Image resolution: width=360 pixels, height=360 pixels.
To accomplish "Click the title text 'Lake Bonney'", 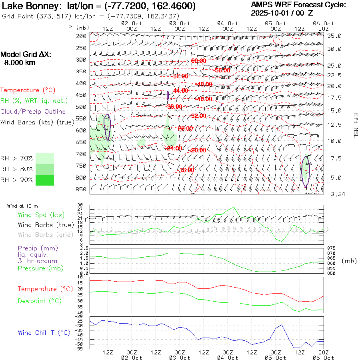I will (26, 6).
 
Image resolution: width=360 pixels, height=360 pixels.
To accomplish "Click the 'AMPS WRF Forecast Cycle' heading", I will (298, 5).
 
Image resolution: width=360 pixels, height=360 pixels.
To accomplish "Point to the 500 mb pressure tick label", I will (81, 107).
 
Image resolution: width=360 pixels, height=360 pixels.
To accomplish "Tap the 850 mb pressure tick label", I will (81, 189).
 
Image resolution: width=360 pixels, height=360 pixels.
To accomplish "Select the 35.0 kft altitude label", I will (334, 36).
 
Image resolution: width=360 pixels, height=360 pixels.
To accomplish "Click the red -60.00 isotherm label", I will (199, 61).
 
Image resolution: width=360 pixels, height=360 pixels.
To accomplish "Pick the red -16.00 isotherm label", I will (186, 170).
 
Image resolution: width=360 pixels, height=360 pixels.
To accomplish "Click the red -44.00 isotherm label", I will (180, 91).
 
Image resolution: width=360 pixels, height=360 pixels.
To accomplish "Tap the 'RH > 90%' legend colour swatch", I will (44, 180).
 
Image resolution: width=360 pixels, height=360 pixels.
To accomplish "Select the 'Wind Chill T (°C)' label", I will (44, 333).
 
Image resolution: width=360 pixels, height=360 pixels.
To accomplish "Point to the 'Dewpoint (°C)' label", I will (40, 301).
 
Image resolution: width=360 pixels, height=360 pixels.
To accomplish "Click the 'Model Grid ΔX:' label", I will (26, 54).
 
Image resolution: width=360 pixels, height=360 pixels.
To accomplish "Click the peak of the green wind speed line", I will (234, 207).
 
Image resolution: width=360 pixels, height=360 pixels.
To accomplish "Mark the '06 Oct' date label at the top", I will (323, 24).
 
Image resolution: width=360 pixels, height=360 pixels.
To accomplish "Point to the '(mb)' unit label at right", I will (349, 261).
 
